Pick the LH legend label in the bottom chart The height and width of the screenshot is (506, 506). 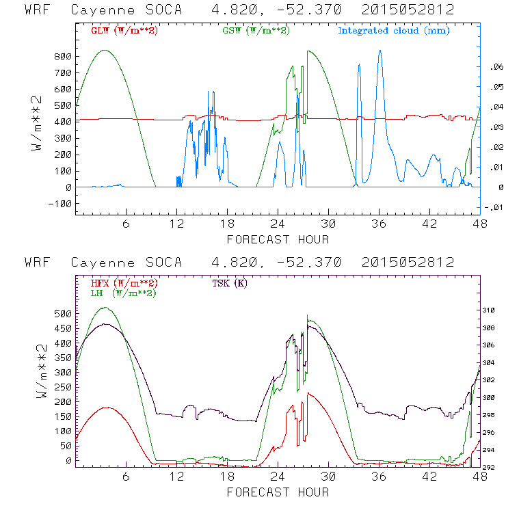tap(123, 292)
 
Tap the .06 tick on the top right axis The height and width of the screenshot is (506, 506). tap(493, 67)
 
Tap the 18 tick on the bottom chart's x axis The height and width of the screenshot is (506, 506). tap(228, 478)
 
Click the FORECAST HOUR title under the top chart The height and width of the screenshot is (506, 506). tap(278, 239)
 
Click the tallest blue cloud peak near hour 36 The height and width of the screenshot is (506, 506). tap(380, 51)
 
